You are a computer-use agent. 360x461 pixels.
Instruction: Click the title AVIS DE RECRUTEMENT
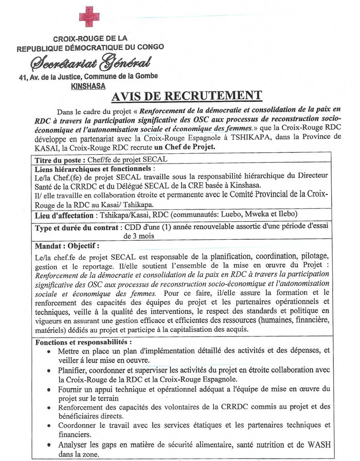187,96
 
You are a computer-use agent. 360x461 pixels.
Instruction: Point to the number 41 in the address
22,77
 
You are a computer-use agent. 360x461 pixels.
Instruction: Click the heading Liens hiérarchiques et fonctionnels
94,169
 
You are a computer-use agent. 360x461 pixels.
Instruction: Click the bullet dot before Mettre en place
48,351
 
